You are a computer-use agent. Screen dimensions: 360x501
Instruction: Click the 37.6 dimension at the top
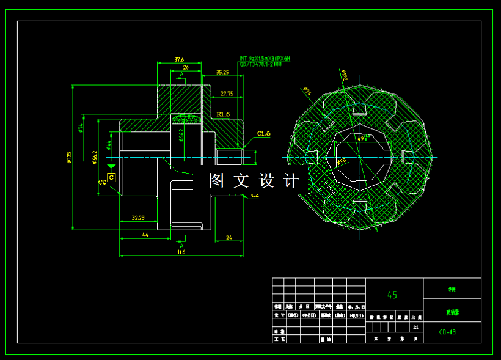click(x=179, y=59)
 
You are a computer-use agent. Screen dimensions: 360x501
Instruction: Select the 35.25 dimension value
click(x=222, y=72)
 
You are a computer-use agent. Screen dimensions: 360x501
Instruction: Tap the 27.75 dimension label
click(x=227, y=94)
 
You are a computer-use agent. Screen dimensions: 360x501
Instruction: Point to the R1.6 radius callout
click(x=223, y=114)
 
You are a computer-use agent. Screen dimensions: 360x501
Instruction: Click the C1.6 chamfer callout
click(x=264, y=133)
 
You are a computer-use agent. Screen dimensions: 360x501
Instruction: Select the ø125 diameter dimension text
click(x=69, y=158)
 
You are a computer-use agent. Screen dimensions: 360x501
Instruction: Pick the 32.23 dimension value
click(x=138, y=218)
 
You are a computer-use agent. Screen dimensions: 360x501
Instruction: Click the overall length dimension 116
click(x=181, y=252)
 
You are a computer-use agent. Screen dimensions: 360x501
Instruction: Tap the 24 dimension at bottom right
click(x=229, y=237)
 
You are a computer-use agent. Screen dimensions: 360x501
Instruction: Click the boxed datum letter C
click(x=111, y=177)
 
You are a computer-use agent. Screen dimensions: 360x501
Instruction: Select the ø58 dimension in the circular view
click(x=341, y=161)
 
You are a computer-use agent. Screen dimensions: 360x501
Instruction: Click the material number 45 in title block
click(x=392, y=295)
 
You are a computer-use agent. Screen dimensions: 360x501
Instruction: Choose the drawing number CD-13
click(x=447, y=332)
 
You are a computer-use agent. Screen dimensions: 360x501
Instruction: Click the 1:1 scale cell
click(x=415, y=327)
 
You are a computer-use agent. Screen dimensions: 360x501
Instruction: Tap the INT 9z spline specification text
click(x=265, y=58)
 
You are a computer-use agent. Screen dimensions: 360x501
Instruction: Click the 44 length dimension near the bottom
click(x=145, y=235)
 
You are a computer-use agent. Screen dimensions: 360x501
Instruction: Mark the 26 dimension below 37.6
click(x=186, y=67)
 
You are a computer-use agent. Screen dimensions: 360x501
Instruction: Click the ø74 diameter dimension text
click(x=80, y=128)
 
